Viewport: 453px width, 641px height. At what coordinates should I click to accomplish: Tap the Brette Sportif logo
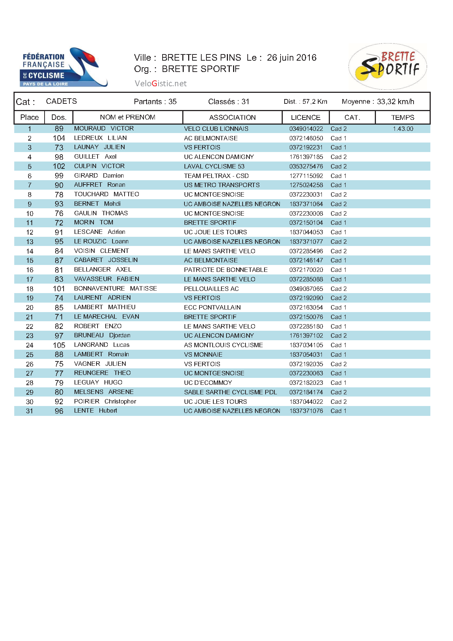tap(388, 66)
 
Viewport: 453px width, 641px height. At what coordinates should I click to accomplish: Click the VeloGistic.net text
tap(160, 84)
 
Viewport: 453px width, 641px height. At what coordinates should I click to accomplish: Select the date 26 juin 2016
tap(292, 58)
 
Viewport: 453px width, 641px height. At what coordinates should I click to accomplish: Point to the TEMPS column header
tap(403, 118)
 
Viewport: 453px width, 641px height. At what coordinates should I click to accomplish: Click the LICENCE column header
tap(305, 118)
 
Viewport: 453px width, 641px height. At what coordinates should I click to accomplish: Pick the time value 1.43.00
tap(403, 129)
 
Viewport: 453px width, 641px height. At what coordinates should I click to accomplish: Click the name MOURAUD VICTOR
tap(104, 129)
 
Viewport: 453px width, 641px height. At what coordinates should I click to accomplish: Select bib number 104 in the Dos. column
tap(59, 138)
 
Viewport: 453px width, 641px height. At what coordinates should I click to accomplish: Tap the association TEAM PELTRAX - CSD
tap(216, 176)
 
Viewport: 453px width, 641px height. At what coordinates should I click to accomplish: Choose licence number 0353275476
tap(306, 166)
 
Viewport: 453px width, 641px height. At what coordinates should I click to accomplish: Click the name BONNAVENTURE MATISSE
tap(115, 289)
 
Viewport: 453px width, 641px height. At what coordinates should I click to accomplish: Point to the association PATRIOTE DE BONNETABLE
tap(226, 270)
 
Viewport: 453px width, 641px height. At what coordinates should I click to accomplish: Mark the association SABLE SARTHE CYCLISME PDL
tap(231, 392)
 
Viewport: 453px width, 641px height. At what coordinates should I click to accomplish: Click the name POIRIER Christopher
tap(105, 401)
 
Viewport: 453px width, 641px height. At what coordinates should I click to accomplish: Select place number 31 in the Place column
tap(30, 411)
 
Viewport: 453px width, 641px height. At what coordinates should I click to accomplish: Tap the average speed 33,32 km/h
tap(395, 102)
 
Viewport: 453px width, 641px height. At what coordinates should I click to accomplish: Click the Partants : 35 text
tap(155, 102)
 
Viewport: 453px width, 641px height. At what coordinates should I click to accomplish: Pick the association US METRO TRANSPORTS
tap(222, 185)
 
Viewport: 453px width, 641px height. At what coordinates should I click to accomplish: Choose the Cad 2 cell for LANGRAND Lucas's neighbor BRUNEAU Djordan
tap(339, 335)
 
